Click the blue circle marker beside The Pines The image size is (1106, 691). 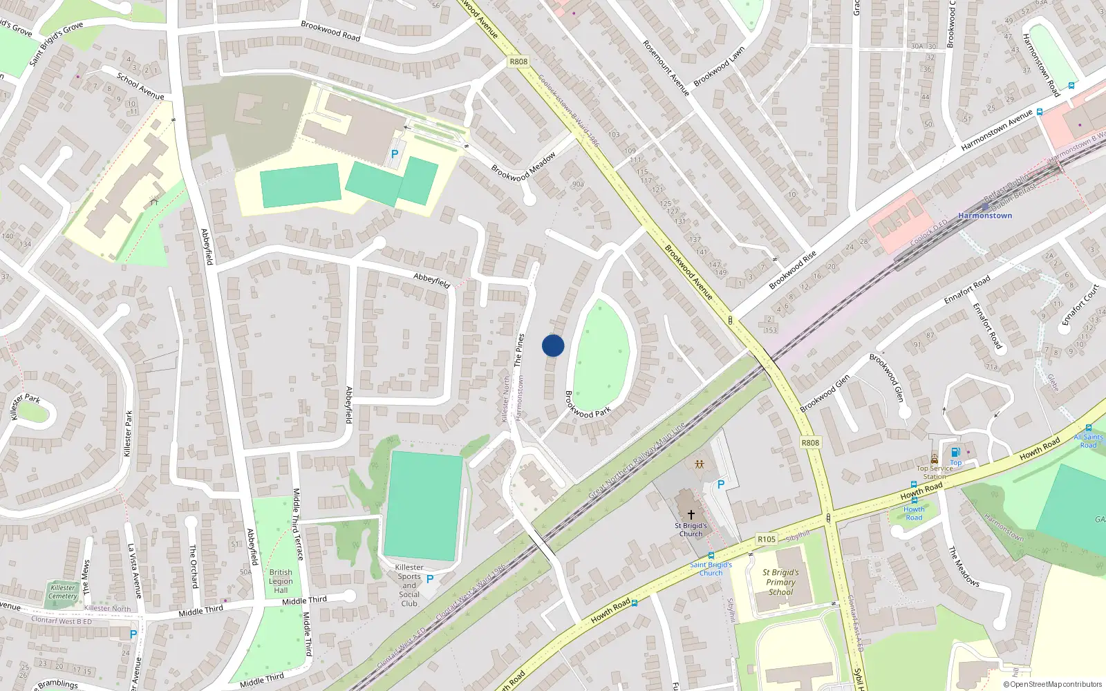553,345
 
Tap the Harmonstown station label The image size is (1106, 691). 985,216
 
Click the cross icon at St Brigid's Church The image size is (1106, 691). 691,515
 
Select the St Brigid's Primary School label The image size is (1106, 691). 780,582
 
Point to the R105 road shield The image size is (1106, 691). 766,539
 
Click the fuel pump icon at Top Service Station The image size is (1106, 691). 955,453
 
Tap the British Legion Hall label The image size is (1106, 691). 281,581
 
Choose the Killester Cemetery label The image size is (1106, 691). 63,591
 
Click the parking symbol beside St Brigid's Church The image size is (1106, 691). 721,485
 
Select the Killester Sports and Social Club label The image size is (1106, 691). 409,585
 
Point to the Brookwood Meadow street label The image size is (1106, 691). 523,167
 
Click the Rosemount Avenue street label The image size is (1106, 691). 666,67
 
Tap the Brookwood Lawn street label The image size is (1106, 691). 719,66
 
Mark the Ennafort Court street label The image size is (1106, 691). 1080,305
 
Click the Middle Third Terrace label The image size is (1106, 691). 298,524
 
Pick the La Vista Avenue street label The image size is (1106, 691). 134,571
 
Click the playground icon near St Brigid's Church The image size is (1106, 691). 700,464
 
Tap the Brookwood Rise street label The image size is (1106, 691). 793,270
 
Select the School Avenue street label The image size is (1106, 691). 140,86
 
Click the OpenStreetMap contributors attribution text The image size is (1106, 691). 1053,684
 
